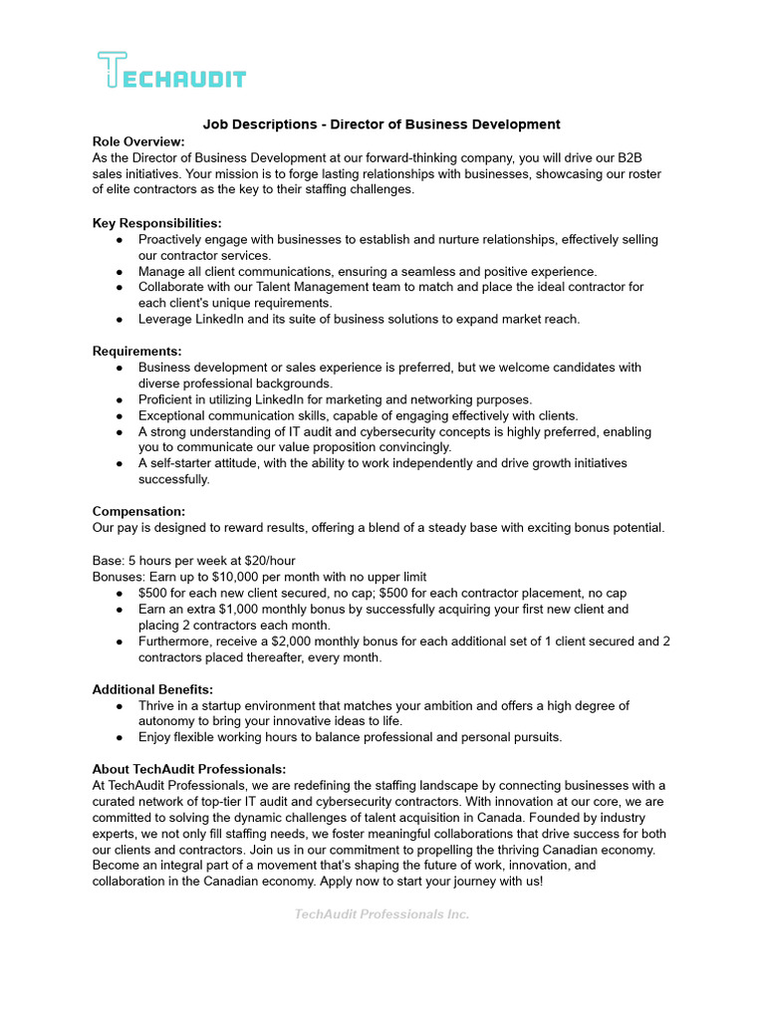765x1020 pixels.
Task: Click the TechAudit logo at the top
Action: pyautogui.click(x=171, y=72)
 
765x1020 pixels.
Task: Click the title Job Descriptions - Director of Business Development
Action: pyautogui.click(x=382, y=125)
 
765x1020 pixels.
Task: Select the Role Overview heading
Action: pyautogui.click(x=138, y=141)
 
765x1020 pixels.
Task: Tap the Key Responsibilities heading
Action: pyautogui.click(x=156, y=223)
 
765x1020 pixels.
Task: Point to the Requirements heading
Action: pyautogui.click(x=136, y=351)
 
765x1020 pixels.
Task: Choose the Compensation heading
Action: pyautogui.click(x=138, y=511)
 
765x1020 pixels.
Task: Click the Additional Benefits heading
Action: pyautogui.click(x=152, y=689)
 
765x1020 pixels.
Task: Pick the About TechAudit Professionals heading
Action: pyautogui.click(x=189, y=769)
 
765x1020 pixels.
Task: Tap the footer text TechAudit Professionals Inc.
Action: pyautogui.click(x=382, y=914)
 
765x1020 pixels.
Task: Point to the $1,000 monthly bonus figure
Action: pyautogui.click(x=268, y=609)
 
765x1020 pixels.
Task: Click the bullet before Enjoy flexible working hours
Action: pyautogui.click(x=120, y=738)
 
